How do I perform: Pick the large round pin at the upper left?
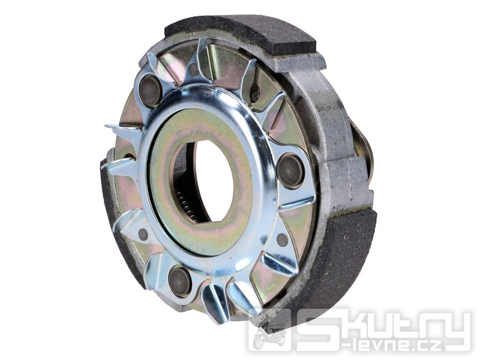[151, 91]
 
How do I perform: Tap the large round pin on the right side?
[290, 170]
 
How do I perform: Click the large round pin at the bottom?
[180, 281]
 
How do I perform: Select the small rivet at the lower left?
[143, 234]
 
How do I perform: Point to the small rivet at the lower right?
[282, 239]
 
